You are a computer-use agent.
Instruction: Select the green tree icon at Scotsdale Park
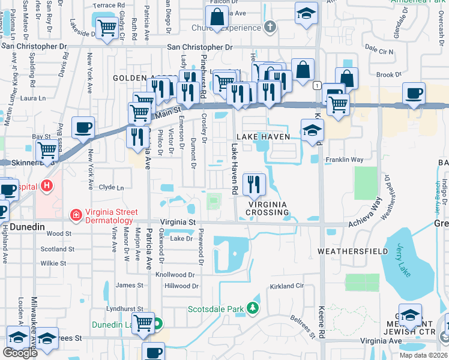coord(253,309)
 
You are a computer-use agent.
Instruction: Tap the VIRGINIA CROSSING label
coord(268,208)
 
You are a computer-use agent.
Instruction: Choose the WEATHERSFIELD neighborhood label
coord(352,251)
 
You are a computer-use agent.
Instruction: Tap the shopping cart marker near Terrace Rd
coord(107,27)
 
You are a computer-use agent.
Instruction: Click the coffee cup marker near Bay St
coord(83,127)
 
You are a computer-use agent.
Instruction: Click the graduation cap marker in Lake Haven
coord(312,130)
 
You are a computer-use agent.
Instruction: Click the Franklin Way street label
coord(345,160)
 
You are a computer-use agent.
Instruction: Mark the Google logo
coord(20,353)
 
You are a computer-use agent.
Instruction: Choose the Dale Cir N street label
coord(379,52)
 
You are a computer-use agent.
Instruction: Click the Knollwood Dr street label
coord(175,274)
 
